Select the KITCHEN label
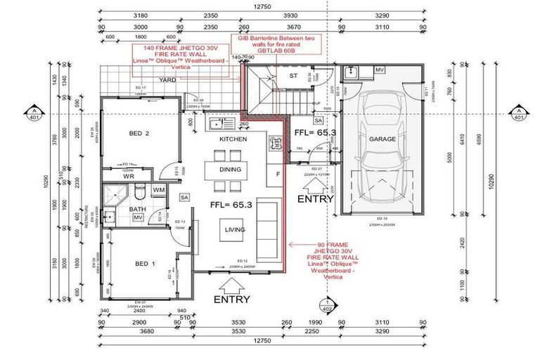(x=233, y=140)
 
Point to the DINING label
(x=229, y=169)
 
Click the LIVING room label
(x=234, y=229)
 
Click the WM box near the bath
(x=158, y=190)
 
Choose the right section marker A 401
(x=517, y=113)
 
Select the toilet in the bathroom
(x=140, y=191)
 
